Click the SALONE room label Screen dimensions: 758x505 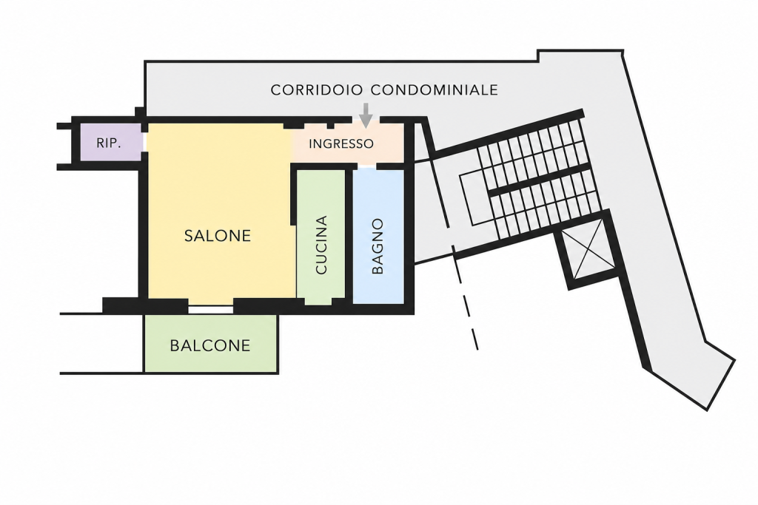218,236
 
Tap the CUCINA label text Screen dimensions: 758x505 321,245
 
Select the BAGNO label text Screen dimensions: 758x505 378,246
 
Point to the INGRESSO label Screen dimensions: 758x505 341,144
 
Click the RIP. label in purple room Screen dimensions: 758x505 109,143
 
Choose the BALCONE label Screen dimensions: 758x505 210,346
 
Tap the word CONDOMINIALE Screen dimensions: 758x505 435,89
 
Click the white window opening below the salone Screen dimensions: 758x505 211,310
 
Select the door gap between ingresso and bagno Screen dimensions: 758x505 367,166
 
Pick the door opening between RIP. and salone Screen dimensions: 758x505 144,142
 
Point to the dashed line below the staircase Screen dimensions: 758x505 465,298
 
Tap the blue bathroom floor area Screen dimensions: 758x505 378,237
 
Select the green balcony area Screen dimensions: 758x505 211,344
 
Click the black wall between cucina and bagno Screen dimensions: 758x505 349,236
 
